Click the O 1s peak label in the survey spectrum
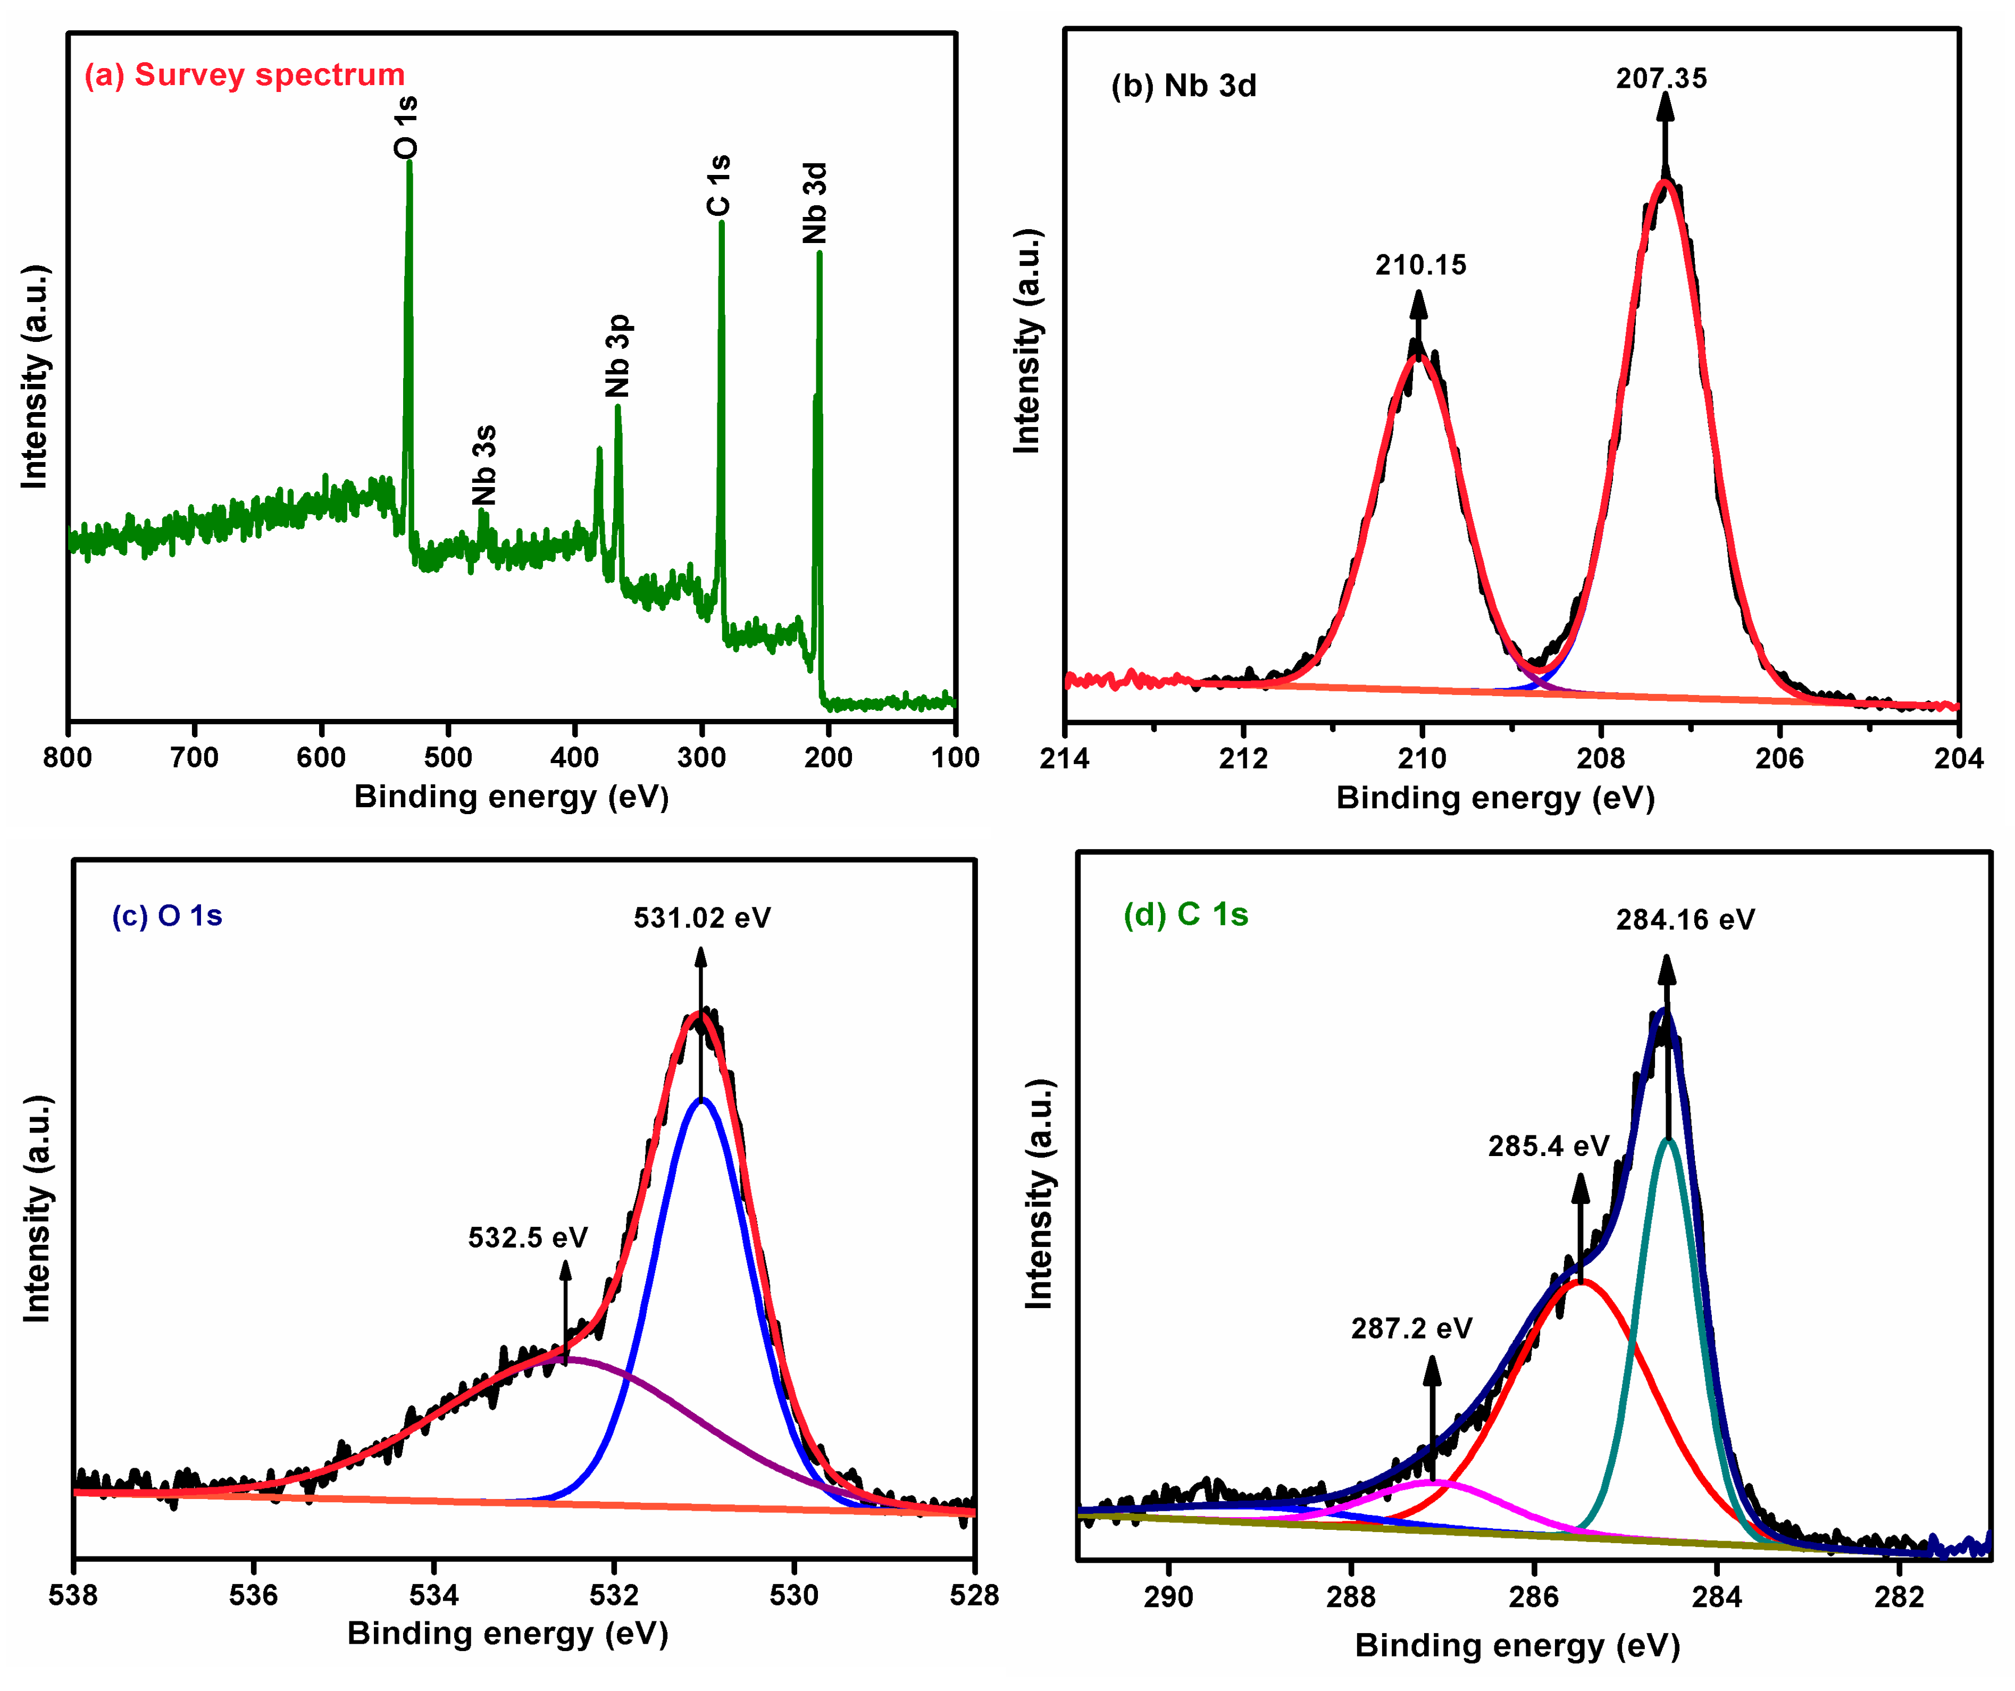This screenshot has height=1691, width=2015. coord(407,127)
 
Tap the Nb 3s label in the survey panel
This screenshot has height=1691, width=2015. coord(484,465)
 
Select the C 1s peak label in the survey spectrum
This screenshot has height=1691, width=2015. coord(718,185)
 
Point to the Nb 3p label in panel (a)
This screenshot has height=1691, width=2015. coord(618,355)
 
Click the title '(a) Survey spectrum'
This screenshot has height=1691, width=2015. coord(245,75)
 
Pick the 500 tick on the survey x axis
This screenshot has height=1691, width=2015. coord(447,758)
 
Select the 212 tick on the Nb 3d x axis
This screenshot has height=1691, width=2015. coord(1243,759)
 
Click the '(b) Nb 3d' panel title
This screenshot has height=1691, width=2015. coord(1183,86)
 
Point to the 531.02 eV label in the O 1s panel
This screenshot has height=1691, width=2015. coord(701,918)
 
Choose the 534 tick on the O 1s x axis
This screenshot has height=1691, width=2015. coord(434,1595)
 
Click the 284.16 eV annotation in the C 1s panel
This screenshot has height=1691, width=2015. coord(1685,920)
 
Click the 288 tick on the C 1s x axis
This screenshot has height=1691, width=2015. coord(1351,1597)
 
